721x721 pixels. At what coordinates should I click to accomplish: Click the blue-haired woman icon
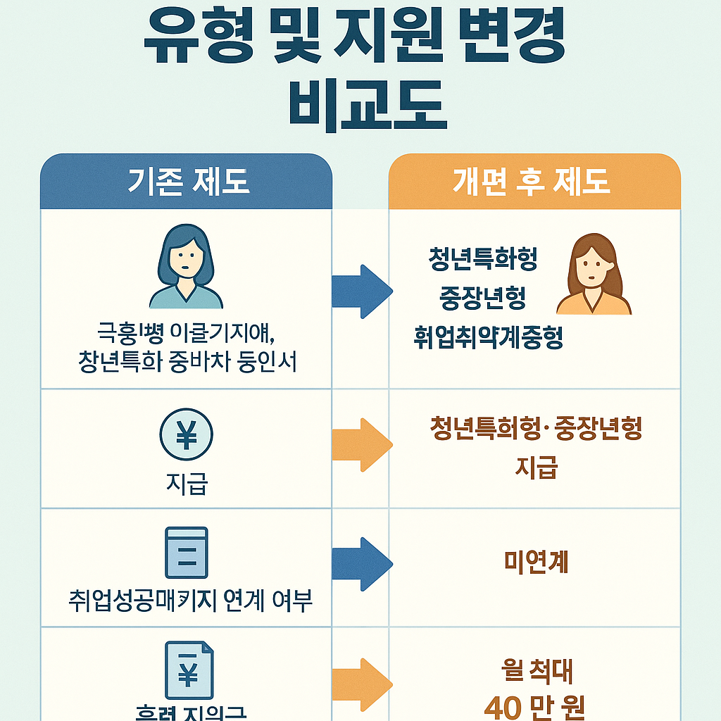tap(186, 267)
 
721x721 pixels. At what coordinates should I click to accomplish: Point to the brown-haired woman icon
tap(594, 275)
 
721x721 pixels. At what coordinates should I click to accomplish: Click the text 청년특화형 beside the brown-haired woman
tap(483, 260)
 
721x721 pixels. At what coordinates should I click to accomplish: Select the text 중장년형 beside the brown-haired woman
tap(483, 299)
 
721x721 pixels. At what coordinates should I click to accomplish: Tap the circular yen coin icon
tap(187, 436)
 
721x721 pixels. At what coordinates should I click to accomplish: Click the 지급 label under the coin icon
tap(187, 484)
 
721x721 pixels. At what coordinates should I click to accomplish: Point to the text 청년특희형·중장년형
tap(536, 430)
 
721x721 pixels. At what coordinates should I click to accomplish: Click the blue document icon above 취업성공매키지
tap(187, 553)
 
